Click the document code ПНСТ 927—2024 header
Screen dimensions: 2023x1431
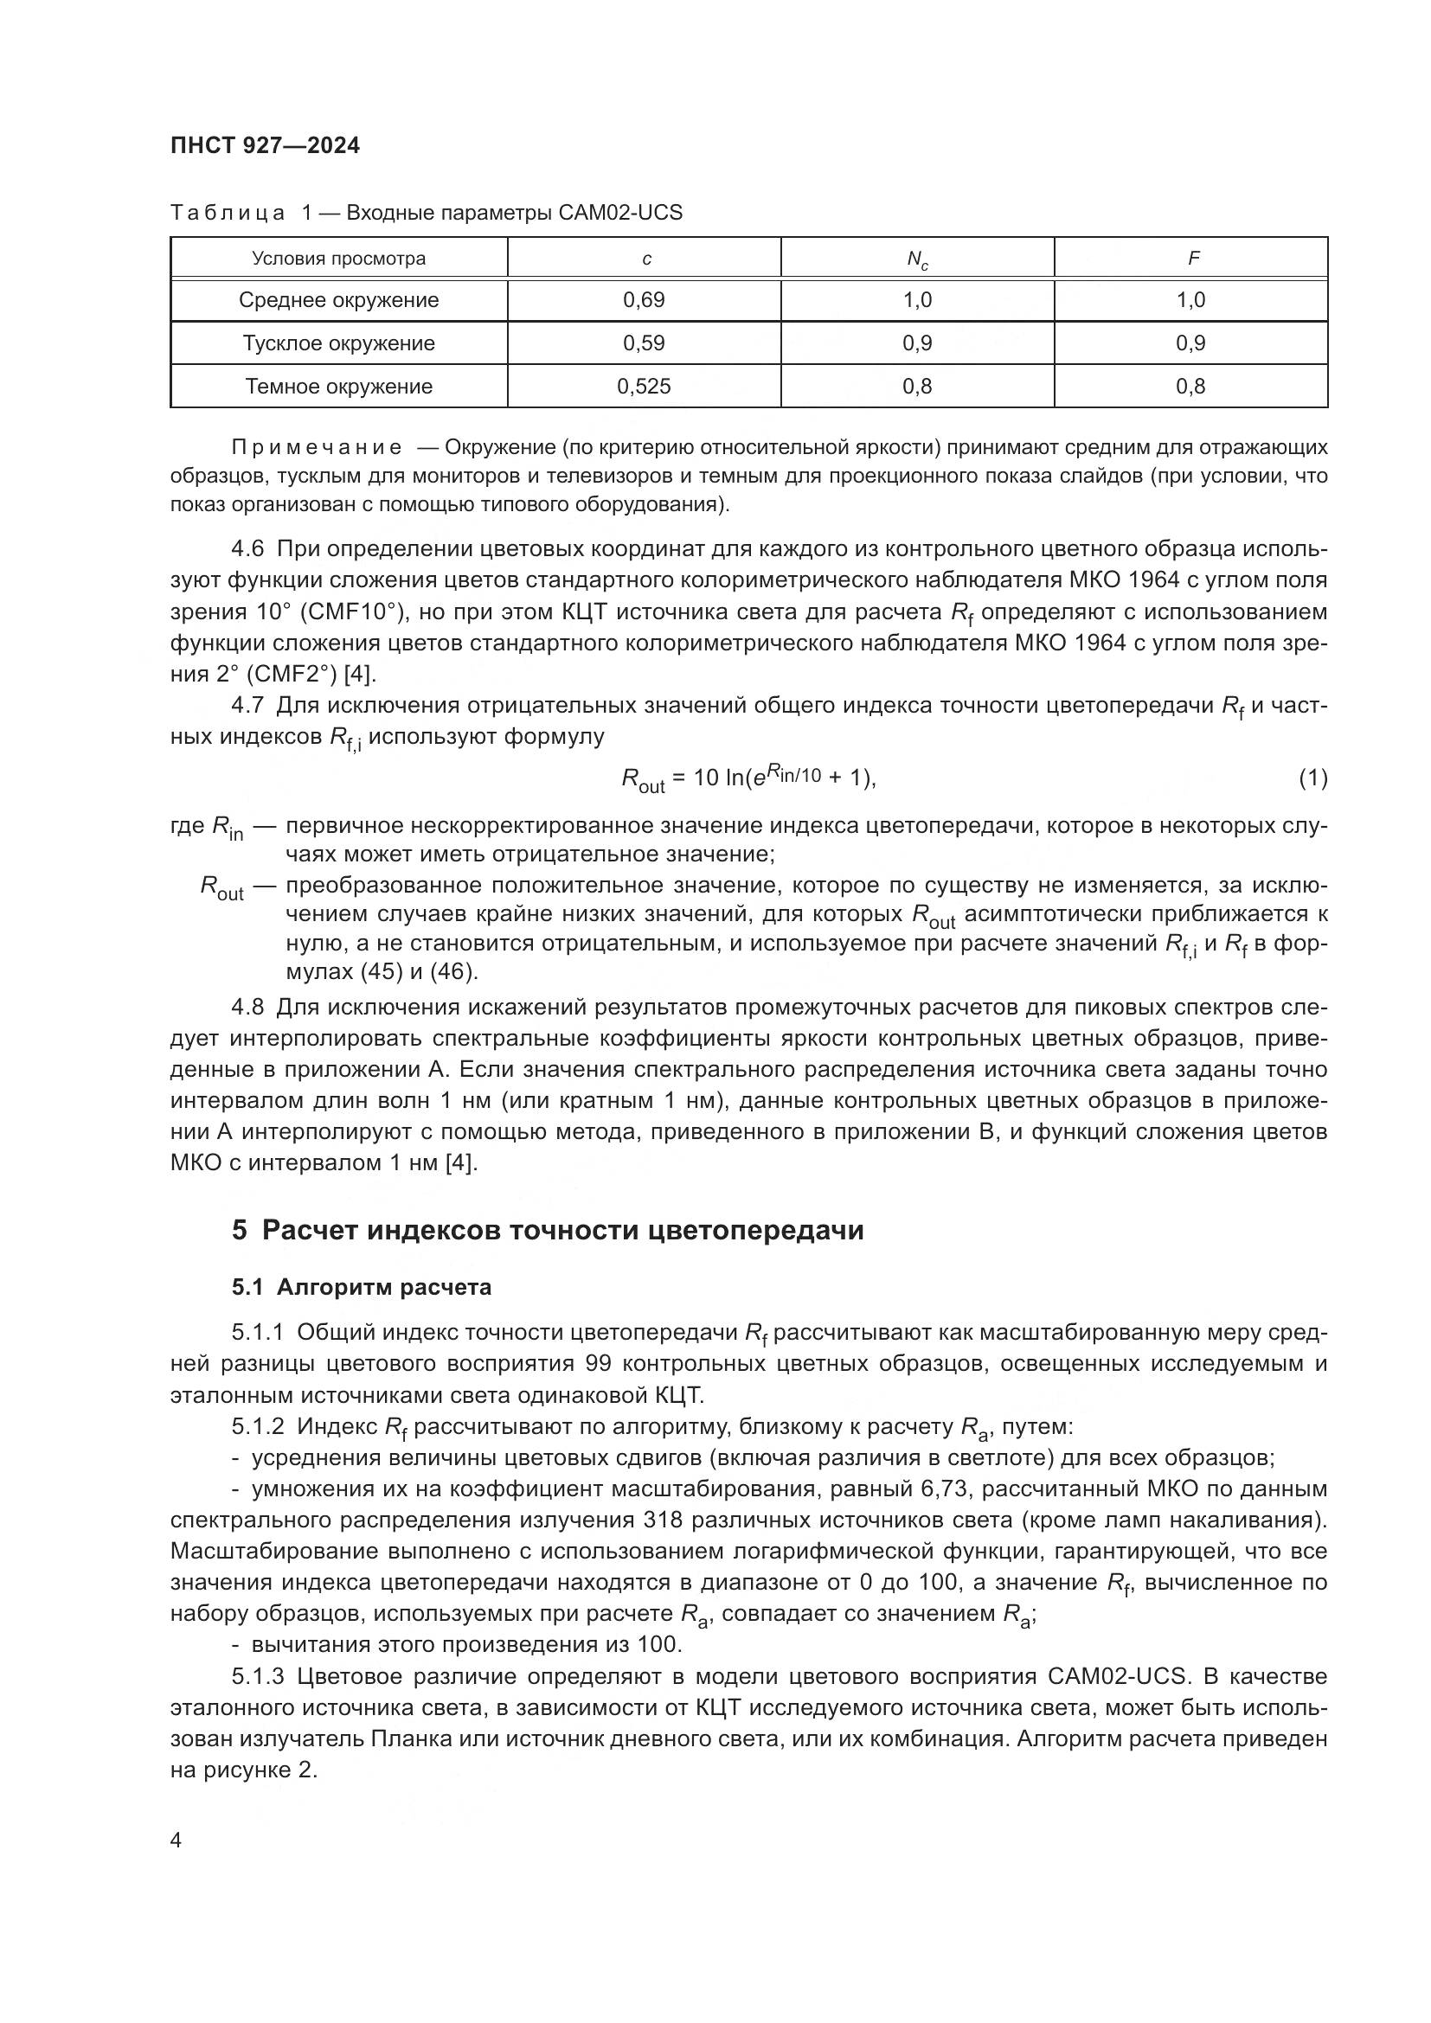click(x=266, y=146)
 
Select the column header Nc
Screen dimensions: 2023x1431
click(x=916, y=259)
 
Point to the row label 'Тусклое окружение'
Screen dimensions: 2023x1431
click(x=338, y=343)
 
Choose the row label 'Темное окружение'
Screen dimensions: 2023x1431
click(x=338, y=387)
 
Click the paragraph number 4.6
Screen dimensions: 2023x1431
click(x=247, y=549)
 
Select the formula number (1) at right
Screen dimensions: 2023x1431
click(x=1312, y=778)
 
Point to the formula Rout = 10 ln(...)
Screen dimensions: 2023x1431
click(x=749, y=779)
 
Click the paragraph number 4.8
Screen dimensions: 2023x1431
click(x=247, y=1007)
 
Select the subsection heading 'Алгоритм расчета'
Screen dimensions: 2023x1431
click(x=383, y=1287)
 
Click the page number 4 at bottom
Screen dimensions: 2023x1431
click(x=176, y=1841)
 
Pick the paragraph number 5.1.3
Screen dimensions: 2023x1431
click(x=258, y=1676)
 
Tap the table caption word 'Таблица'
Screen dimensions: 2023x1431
click(x=228, y=214)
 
